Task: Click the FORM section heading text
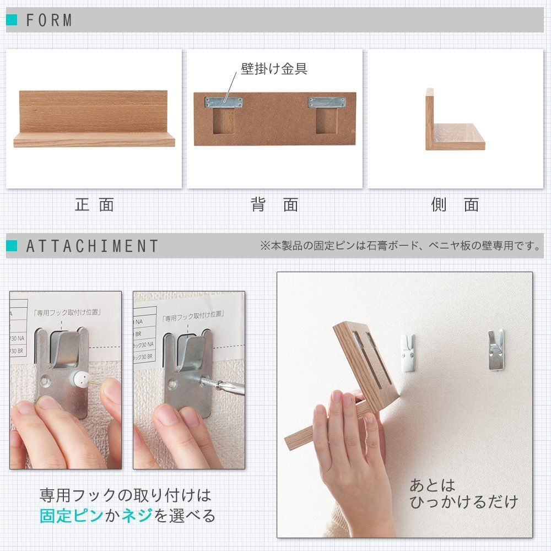[49, 20]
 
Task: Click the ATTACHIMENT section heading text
[93, 246]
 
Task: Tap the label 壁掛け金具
[274, 69]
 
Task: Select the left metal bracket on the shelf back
[223, 102]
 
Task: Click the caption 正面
[94, 205]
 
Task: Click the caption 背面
[274, 205]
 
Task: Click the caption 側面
[455, 205]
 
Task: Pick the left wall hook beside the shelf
[407, 353]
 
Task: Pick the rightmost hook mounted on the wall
[495, 349]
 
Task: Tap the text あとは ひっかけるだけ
[463, 494]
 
